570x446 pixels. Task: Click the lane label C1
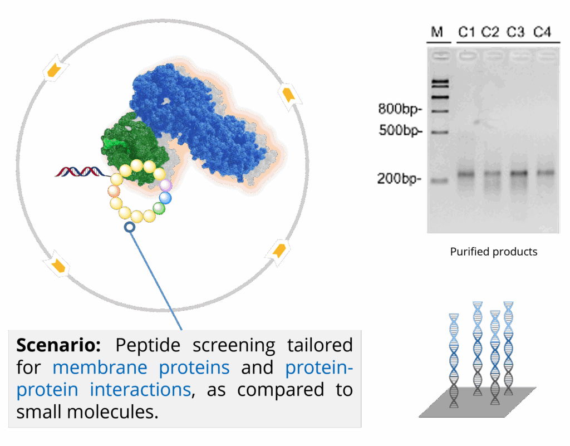point(466,32)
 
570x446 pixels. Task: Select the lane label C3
point(515,32)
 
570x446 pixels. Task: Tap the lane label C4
point(542,32)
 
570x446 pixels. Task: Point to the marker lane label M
point(436,32)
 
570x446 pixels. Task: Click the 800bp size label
point(400,109)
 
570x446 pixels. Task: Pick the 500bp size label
point(400,130)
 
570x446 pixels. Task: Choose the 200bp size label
point(399,179)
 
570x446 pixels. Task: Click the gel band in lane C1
point(466,174)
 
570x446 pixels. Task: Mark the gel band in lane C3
point(519,173)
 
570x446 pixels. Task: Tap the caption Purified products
point(494,252)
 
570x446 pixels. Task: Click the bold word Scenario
point(58,345)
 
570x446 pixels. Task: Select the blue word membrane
point(100,367)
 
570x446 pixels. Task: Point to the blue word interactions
point(140,390)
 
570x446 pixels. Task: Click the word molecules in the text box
point(112,412)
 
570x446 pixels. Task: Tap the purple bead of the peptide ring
point(166,185)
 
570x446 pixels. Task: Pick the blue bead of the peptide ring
point(165,198)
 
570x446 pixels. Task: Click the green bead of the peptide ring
point(159,209)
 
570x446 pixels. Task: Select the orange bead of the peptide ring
point(114,191)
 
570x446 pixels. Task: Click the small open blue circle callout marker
point(130,227)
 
